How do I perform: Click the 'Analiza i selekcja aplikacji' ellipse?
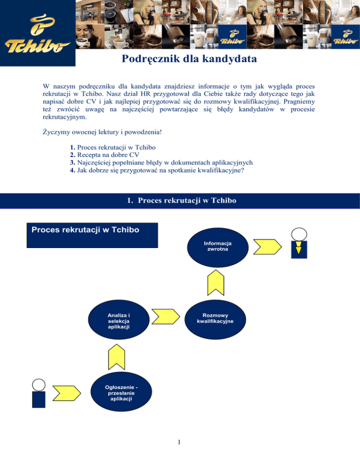pos(118,321)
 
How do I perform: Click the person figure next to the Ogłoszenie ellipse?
pos(38,393)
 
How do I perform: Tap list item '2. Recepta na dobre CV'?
pos(103,154)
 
